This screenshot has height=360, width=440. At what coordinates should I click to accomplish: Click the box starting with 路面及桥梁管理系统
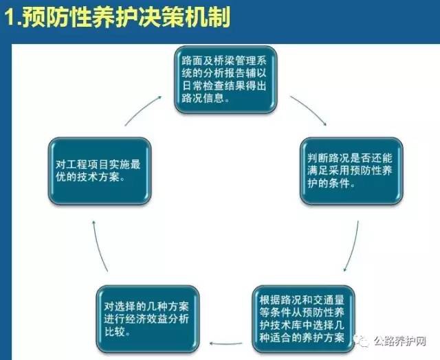[225, 80]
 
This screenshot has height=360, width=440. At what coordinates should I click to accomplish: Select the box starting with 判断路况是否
[351, 171]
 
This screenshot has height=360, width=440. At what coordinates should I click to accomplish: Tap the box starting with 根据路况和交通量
[303, 319]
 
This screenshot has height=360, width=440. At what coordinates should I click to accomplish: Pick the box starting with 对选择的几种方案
[148, 319]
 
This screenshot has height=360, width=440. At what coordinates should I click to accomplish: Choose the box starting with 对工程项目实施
[100, 171]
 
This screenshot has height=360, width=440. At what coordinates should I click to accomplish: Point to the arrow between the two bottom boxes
[226, 344]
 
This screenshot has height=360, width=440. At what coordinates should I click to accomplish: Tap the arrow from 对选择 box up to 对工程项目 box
[99, 246]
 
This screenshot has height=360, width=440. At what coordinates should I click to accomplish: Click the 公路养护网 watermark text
[399, 341]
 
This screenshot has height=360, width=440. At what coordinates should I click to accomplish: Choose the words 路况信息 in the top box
[203, 98]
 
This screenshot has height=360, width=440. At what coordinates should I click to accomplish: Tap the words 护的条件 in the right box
[329, 183]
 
